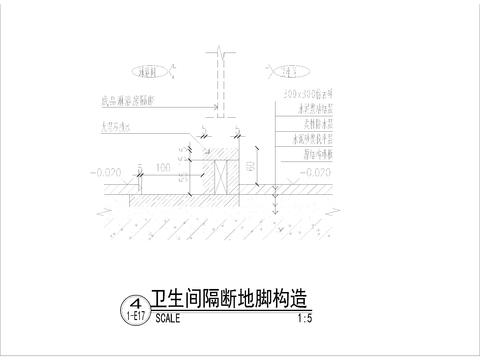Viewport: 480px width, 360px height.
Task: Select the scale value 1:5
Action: [306, 321]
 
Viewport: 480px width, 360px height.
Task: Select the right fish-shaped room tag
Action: [287, 72]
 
